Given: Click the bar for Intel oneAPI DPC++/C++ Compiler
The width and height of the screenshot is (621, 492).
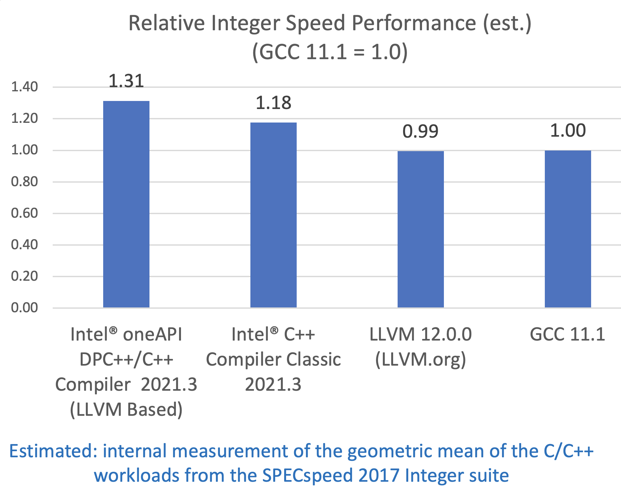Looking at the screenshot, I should (126, 204).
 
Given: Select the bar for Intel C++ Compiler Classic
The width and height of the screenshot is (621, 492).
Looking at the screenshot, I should (273, 215).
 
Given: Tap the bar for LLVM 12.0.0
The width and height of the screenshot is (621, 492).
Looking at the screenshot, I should (420, 229).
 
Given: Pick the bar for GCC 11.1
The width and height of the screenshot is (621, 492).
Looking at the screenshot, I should (568, 229).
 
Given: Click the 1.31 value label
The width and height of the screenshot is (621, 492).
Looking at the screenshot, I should (126, 81).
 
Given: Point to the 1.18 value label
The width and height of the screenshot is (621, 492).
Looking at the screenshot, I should (273, 103).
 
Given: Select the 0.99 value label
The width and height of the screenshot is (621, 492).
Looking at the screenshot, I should (420, 131).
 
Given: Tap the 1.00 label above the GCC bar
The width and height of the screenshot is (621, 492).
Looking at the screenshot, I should (568, 131).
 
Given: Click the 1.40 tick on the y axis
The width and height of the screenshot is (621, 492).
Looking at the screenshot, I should (24, 87).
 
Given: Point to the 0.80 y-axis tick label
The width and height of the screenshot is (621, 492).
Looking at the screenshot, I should (24, 182).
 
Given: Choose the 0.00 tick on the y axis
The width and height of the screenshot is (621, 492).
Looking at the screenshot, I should (24, 308).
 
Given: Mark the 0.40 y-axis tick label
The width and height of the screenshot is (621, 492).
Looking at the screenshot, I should (24, 245).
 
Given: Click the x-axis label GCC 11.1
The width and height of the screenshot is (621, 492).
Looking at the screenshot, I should (567, 334).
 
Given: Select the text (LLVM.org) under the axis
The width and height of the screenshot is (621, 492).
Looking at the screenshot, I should (420, 359).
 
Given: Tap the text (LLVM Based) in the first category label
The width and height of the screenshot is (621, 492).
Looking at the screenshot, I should (126, 409).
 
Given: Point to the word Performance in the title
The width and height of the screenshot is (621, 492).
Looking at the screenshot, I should (414, 23).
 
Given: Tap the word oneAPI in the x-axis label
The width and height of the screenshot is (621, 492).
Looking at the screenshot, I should (153, 334).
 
